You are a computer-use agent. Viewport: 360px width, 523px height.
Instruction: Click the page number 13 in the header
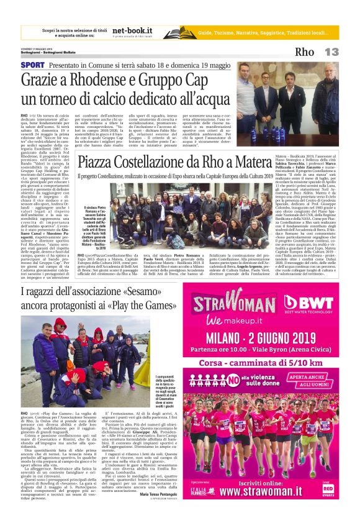click(x=332, y=52)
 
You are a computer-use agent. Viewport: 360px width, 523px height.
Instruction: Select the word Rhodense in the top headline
click(x=96, y=80)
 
